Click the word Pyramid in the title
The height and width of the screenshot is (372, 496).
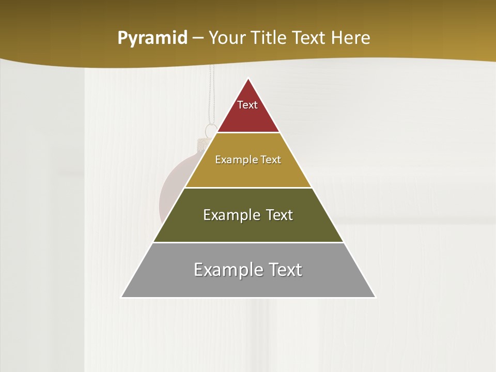click(x=152, y=38)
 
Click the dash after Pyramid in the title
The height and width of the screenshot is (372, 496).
click(x=197, y=38)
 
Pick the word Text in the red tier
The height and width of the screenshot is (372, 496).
click(x=247, y=105)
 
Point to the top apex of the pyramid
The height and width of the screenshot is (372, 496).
click(x=249, y=79)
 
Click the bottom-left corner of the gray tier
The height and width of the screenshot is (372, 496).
click(x=122, y=297)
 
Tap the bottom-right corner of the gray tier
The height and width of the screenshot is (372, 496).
click(x=375, y=297)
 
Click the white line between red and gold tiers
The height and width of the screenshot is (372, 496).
click(x=249, y=133)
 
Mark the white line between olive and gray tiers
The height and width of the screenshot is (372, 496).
click(x=249, y=242)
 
